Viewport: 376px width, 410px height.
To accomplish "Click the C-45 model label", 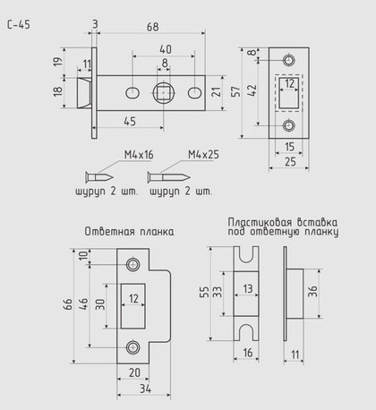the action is coord(19,24).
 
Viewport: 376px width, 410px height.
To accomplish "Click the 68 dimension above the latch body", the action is coord(153,27).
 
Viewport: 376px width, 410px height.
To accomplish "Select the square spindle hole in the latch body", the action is coord(164,93).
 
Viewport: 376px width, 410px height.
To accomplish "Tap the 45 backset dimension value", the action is coord(130,122).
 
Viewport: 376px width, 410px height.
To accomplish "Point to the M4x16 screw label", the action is coord(139,155).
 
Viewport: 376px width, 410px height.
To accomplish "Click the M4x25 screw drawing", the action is coord(168,177).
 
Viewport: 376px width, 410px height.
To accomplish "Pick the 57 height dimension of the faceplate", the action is coord(235,91).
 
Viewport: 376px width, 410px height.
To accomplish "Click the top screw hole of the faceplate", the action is coord(288,60).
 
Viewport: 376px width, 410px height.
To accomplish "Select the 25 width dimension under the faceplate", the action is coord(290,162).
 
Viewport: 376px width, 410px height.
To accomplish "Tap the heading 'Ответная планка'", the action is coord(129,232).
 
